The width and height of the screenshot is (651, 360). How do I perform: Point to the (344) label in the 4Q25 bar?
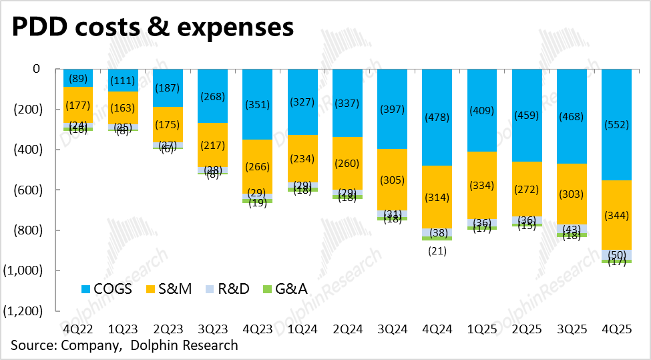623,215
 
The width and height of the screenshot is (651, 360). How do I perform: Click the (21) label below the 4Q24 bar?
438,251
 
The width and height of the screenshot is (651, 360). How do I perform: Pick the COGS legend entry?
107,289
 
